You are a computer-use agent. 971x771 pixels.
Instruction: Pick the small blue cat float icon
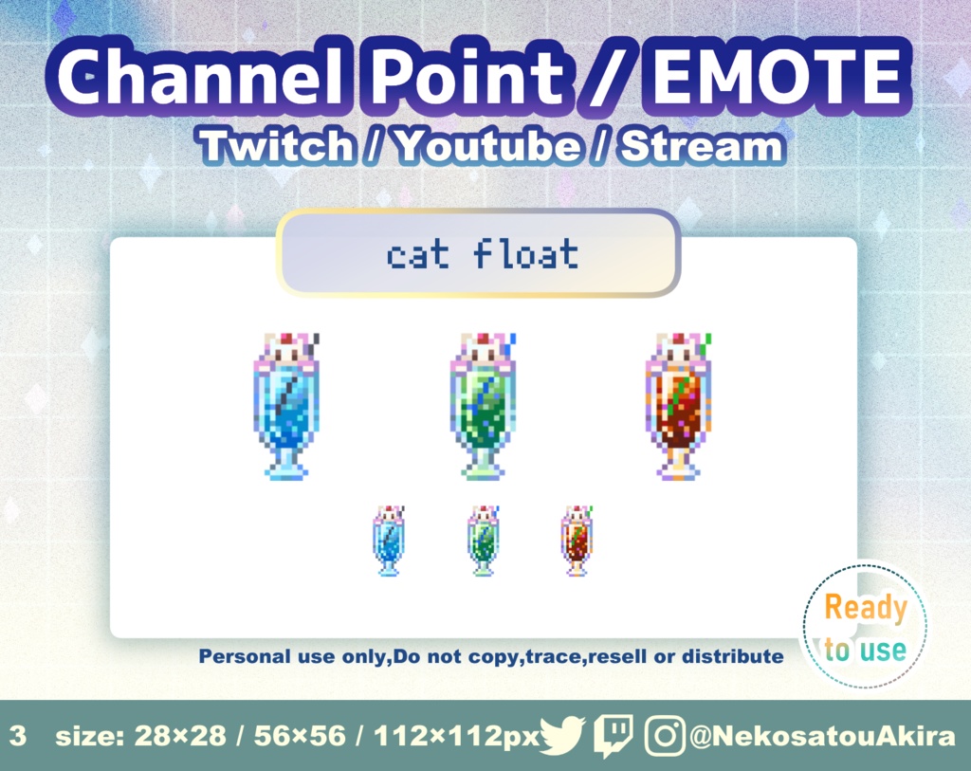click(x=389, y=541)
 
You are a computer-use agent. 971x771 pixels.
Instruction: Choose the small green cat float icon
click(x=484, y=541)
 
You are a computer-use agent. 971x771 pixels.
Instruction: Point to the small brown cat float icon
click(x=577, y=541)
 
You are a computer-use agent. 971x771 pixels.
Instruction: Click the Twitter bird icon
click(x=563, y=736)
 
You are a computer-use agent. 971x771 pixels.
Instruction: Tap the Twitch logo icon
click(x=614, y=736)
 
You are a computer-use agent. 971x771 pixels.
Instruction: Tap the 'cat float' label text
click(x=482, y=254)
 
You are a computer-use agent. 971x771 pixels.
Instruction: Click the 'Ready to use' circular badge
click(x=864, y=626)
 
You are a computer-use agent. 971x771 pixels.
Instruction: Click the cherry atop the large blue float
click(x=286, y=339)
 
